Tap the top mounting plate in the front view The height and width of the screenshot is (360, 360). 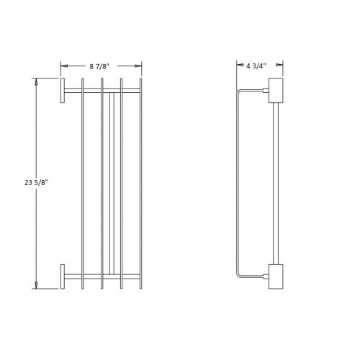click(x=62, y=92)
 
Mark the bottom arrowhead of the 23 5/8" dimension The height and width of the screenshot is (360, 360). click(x=37, y=286)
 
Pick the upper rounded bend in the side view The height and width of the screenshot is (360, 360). click(x=239, y=93)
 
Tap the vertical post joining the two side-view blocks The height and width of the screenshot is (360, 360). click(x=275, y=184)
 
